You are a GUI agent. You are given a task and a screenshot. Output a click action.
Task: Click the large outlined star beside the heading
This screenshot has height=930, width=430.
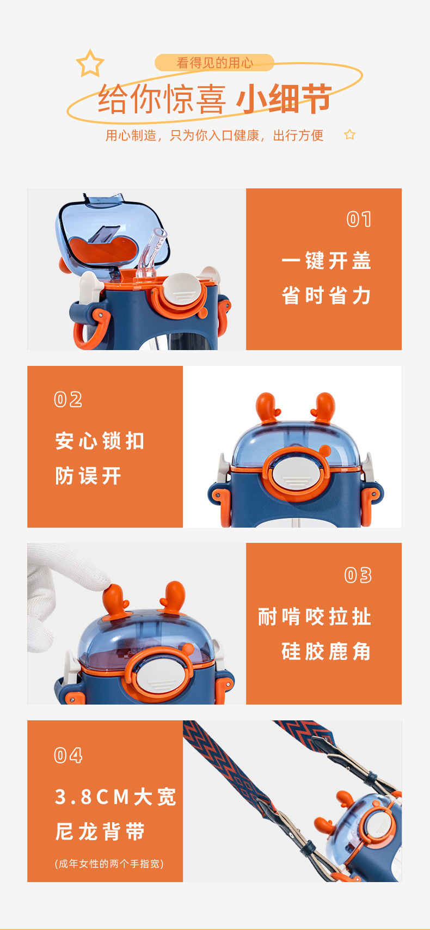pos(90,64)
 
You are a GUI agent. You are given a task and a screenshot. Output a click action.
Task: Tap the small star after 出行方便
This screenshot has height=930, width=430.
pos(350,134)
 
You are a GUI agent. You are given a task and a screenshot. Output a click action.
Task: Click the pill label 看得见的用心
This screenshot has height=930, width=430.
pos(214,63)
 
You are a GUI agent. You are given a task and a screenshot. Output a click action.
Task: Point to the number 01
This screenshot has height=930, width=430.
pos(359,219)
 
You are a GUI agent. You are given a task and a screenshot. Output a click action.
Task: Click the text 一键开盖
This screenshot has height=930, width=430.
pos(327,261)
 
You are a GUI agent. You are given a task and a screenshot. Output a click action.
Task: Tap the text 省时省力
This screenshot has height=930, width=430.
pos(327,296)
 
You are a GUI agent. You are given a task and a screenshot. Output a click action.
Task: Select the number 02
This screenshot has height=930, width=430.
pos(69,400)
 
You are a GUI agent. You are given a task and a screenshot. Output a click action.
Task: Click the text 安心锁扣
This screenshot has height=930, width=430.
pos(100,440)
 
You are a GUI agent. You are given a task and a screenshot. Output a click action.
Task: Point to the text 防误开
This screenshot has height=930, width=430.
pos(88,476)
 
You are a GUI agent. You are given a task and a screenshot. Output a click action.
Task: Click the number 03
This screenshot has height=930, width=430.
pos(358,575)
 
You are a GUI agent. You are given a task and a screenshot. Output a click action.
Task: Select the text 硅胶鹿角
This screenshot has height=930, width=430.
pos(327,651)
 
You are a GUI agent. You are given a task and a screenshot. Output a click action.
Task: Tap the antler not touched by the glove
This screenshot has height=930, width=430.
pos(174,596)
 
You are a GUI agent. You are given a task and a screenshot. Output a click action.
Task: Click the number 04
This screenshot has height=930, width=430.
pos(69,755)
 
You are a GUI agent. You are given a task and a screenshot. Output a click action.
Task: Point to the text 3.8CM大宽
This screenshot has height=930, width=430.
pos(115,797)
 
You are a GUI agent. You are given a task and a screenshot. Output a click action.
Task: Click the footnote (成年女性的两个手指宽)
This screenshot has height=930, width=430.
pos(109,864)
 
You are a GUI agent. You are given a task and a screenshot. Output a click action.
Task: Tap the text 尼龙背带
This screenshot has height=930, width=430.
pos(100,832)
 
